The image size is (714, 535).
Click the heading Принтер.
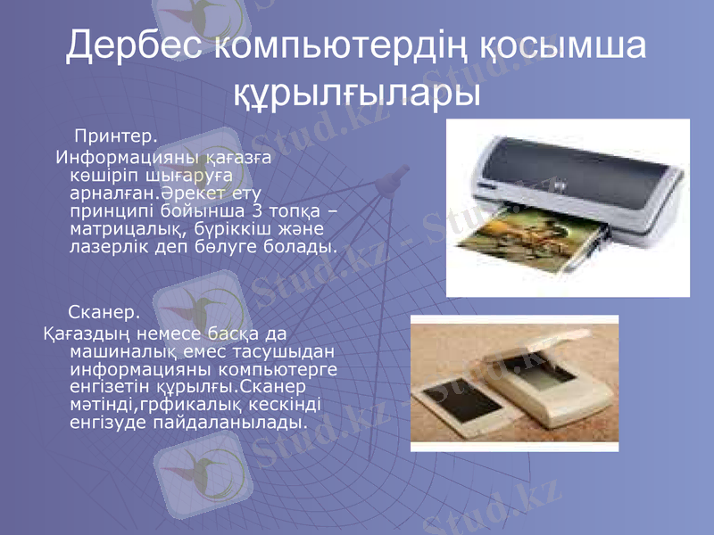[x=115, y=137]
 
